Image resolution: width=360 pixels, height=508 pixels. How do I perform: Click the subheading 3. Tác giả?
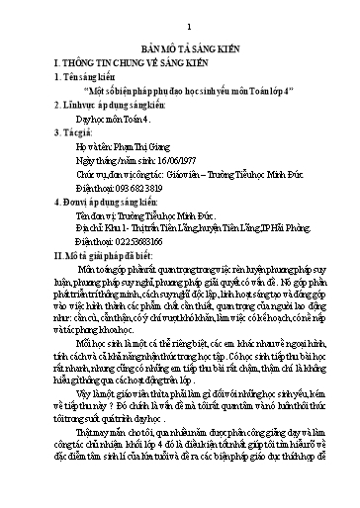tap(78, 143)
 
